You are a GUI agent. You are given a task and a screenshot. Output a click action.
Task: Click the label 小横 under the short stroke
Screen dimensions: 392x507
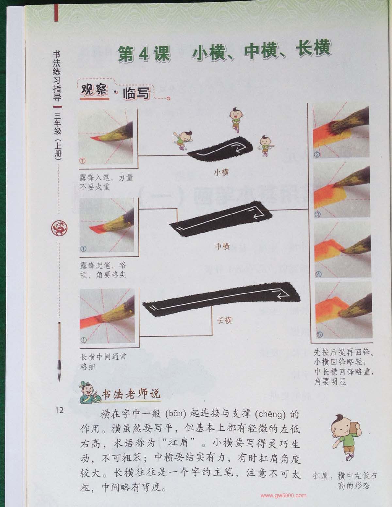(x=221, y=173)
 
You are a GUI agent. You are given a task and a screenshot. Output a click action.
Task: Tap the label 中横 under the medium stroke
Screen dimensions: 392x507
(x=222, y=246)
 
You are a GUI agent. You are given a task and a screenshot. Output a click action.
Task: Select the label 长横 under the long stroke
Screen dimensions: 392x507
(x=224, y=320)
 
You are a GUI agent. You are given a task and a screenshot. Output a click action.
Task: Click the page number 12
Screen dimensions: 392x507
(x=59, y=410)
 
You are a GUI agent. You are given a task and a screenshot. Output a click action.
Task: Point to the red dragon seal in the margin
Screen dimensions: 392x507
(x=59, y=228)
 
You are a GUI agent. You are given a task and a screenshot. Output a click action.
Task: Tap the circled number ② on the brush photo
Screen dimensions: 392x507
(x=317, y=154)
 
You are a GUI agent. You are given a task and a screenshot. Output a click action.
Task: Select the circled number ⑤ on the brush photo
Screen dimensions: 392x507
(x=319, y=334)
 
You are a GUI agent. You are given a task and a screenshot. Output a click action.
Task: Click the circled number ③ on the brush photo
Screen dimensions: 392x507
(x=318, y=214)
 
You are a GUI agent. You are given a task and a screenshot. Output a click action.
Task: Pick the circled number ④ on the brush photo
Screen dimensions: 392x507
(x=319, y=274)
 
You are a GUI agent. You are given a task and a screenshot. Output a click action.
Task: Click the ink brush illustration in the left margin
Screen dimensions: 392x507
(x=59, y=352)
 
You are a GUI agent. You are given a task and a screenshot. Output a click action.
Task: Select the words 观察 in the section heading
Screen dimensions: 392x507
(x=94, y=90)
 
